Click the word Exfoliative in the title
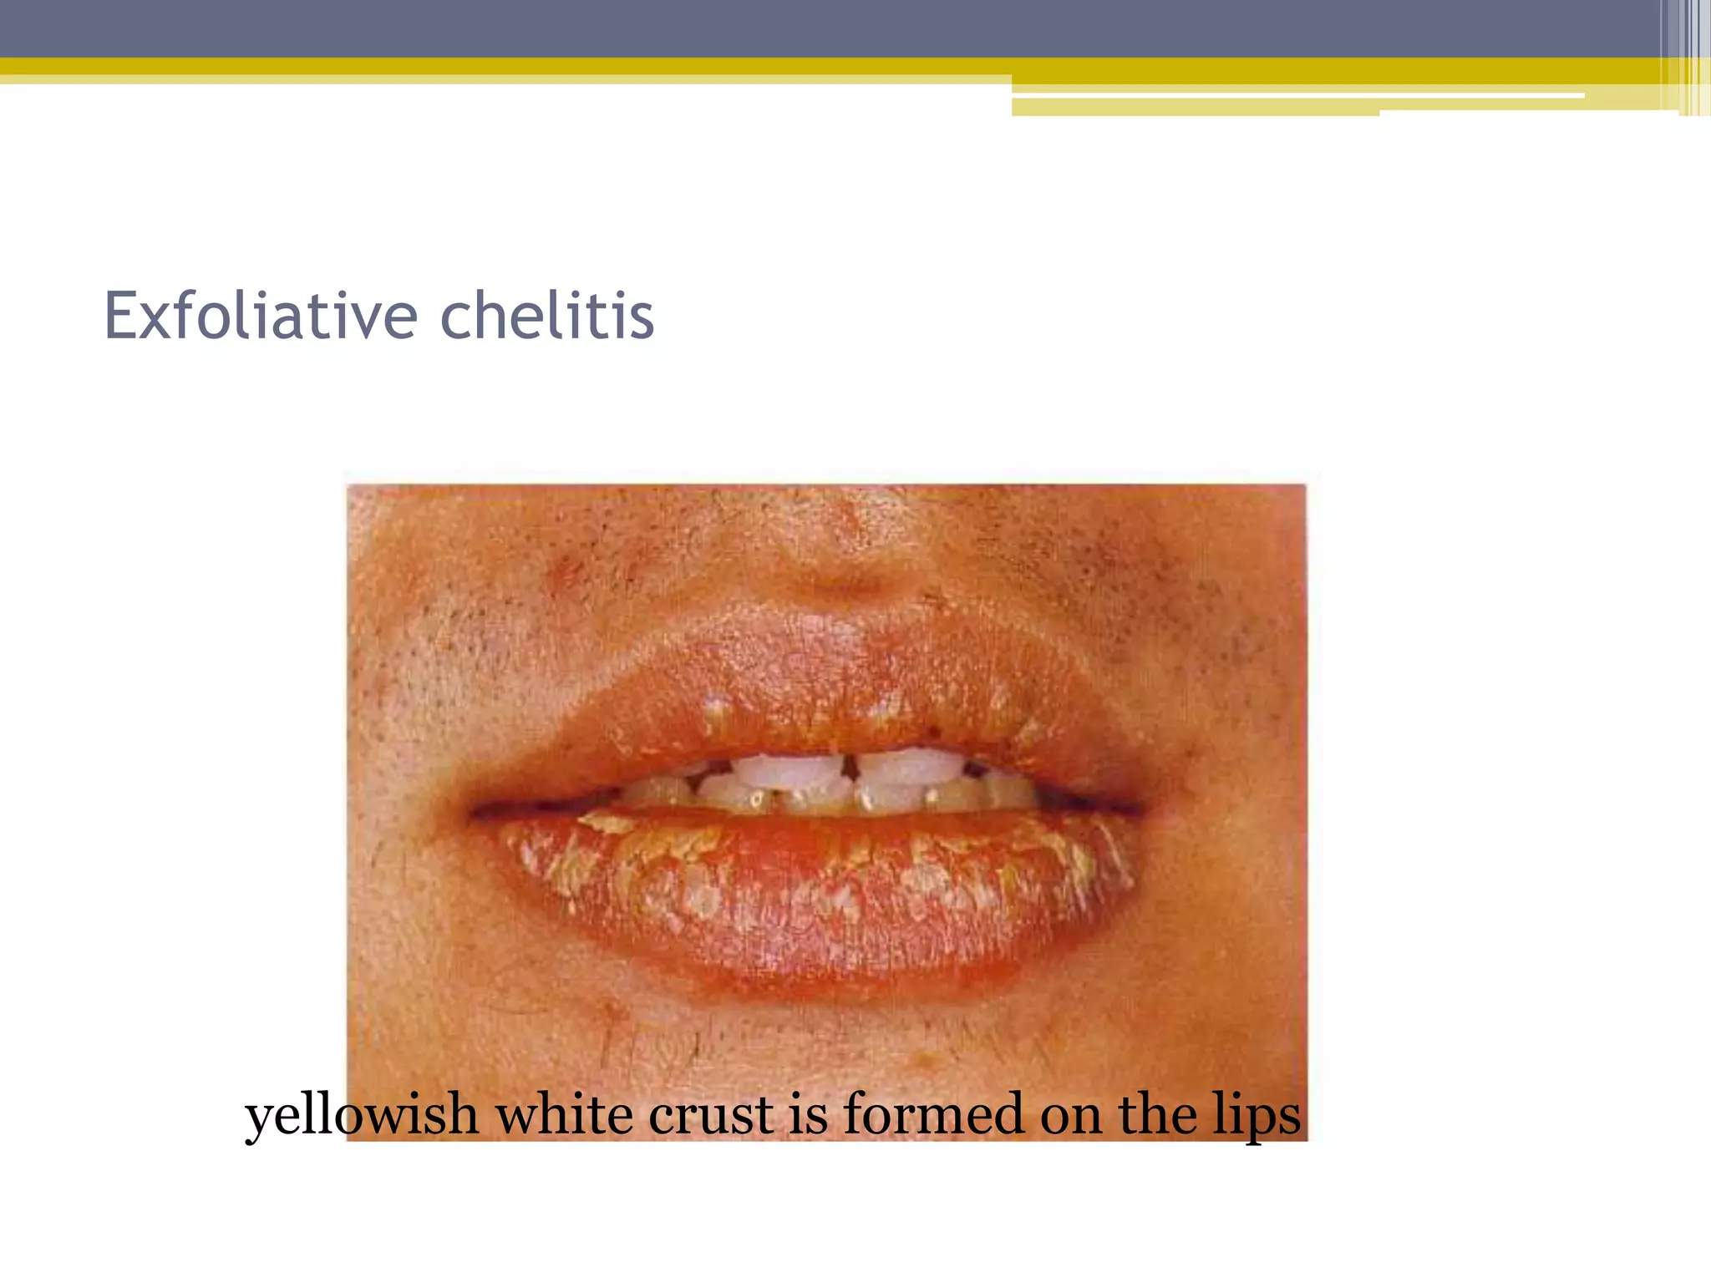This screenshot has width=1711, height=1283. pos(260,317)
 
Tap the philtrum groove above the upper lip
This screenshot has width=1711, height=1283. pos(835,576)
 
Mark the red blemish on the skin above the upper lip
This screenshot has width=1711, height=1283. pos(568,571)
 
